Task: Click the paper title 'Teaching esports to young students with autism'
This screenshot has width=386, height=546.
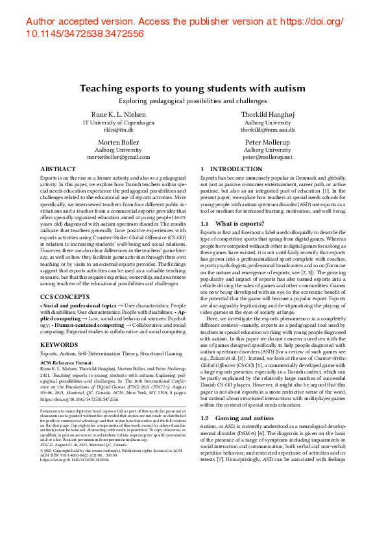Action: click(193, 88)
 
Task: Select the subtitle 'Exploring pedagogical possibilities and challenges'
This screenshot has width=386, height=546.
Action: click(193, 101)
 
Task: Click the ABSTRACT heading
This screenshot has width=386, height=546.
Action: click(58, 169)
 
